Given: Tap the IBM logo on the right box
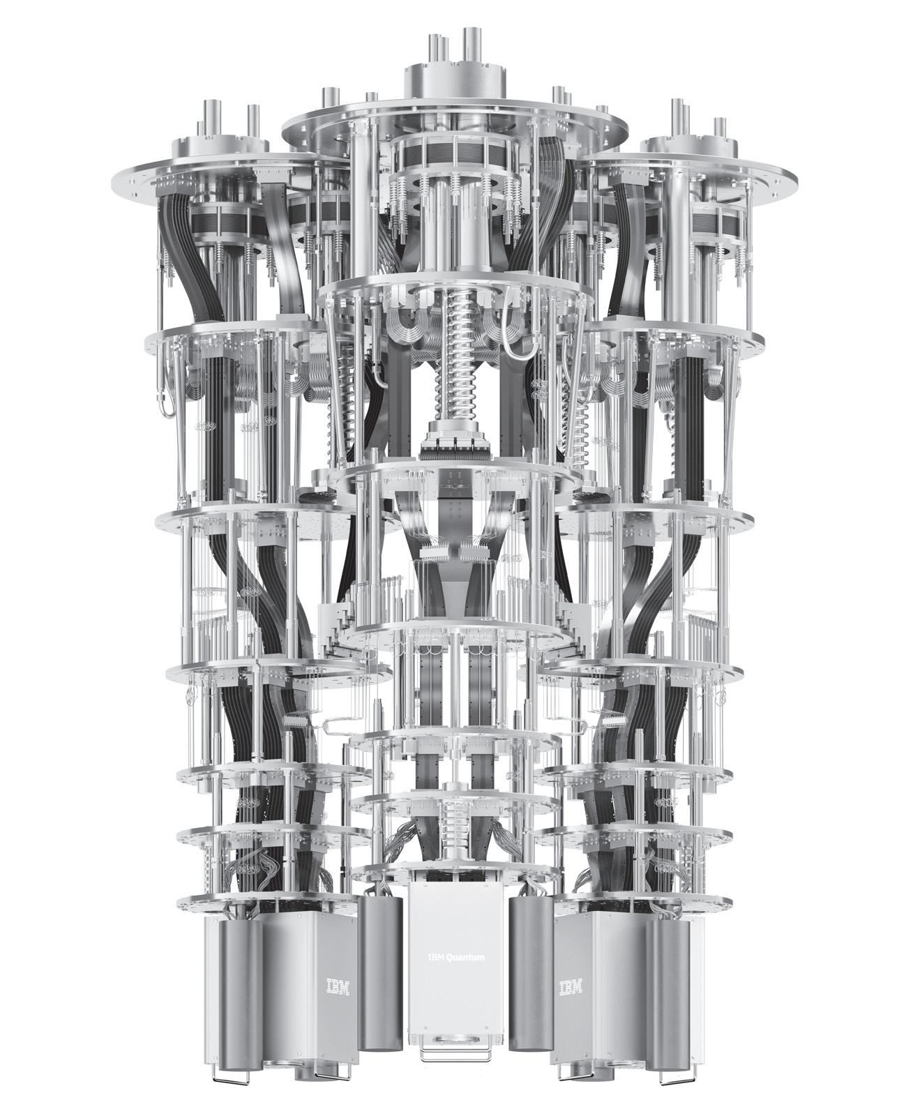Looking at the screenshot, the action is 571,986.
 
